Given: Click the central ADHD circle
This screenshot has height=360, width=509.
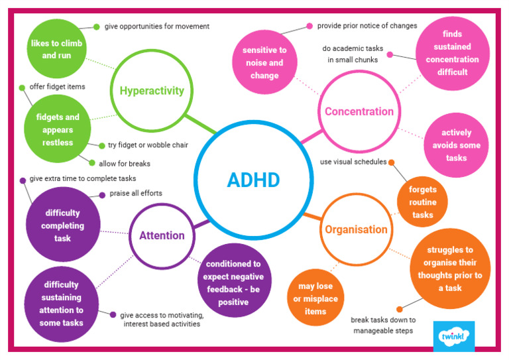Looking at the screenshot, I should tap(253, 180).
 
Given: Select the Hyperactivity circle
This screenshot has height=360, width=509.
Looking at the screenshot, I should tap(152, 91).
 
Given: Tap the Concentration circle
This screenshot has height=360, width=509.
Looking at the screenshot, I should tap(359, 111).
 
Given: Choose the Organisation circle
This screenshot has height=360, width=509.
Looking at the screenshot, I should tap(356, 229).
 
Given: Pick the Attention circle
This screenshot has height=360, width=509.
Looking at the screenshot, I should tap(162, 235).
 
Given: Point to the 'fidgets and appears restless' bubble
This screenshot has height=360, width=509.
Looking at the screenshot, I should tap(58, 130).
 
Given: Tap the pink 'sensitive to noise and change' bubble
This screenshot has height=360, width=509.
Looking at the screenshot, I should tap(264, 63).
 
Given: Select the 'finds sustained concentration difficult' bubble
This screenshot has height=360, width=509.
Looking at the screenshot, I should tap(453, 53).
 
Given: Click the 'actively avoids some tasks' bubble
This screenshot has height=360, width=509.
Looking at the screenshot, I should tap(456, 145).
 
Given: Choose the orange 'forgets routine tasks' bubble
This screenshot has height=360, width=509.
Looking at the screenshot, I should tap(423, 202).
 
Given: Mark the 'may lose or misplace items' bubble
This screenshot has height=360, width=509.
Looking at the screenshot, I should tap(315, 299).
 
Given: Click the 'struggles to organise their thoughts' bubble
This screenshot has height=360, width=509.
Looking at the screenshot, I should tap(449, 269).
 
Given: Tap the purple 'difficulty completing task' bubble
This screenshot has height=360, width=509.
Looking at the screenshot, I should tap(62, 225).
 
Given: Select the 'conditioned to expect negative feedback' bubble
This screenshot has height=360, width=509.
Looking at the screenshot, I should tap(233, 283).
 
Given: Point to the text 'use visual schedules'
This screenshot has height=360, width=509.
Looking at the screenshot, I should tap(353, 162).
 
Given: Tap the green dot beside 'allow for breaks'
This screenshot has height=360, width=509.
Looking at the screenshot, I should tap(92, 162).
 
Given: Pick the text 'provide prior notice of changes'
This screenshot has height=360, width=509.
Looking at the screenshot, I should tap(367, 26).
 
